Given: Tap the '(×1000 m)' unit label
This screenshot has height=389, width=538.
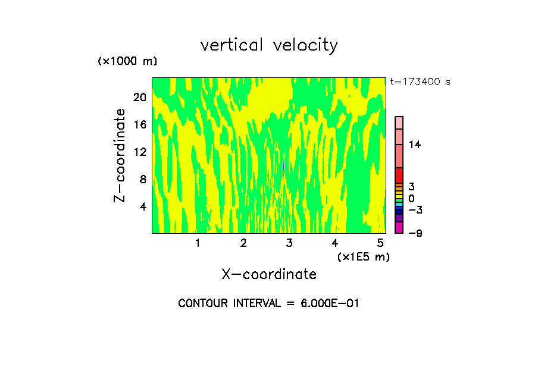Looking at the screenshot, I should pos(127,62).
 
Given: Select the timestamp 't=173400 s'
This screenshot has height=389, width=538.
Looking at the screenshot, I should pos(420,81).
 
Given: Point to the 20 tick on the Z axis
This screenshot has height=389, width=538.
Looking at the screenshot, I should pos(139,98).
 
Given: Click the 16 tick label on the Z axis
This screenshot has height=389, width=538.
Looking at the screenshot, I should pos(139,125).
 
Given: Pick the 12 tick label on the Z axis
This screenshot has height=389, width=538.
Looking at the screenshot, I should pos(139,152).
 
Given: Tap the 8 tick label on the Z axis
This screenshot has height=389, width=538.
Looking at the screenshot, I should pos(142,180).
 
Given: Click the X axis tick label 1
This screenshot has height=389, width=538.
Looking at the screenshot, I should pos(198,243).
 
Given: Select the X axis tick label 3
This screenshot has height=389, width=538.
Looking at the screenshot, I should pos(289,243).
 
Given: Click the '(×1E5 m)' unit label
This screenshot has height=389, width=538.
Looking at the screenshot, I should pos(363,257).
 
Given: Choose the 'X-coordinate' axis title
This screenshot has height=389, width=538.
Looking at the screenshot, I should pos(269,274).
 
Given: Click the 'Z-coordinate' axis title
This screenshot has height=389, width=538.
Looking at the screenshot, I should pos(120,155).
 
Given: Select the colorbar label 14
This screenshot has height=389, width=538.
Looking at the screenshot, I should pos(415,145).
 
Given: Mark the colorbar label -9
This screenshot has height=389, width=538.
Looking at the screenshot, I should pos(415,233).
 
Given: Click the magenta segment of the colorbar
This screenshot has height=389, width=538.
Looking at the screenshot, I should pos(399,228).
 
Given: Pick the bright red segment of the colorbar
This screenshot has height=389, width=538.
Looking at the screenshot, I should pos(399,175).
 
